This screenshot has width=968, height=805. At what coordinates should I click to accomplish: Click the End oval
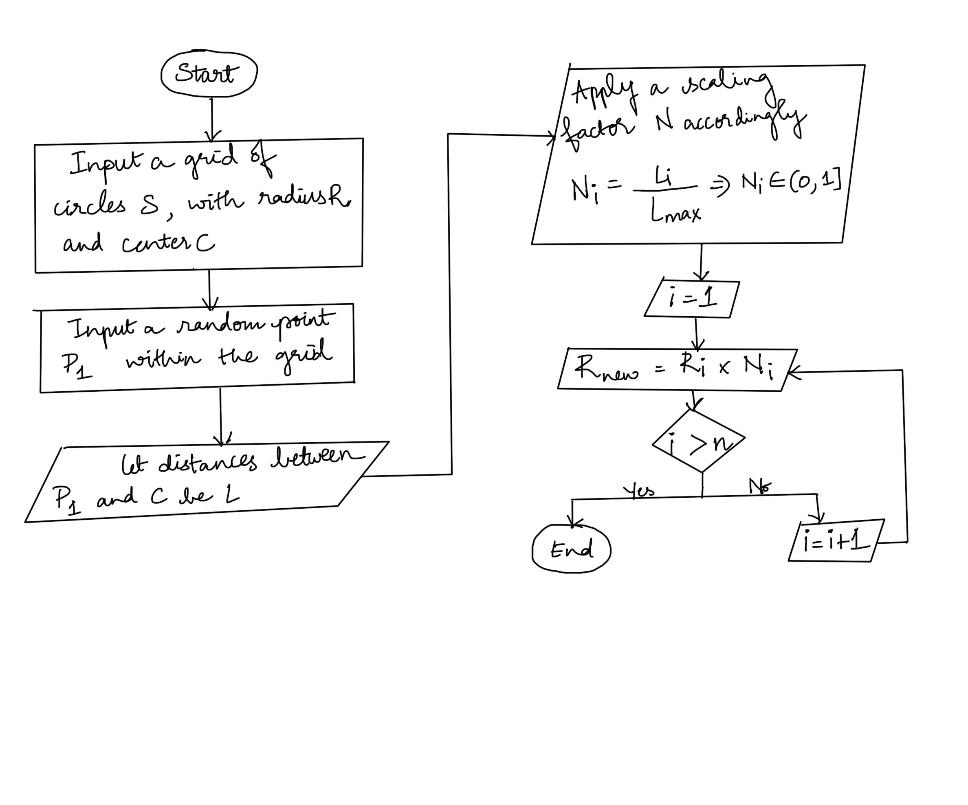pyautogui.click(x=571, y=549)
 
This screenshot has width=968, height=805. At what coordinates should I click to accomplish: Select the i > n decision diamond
pyautogui.click(x=699, y=441)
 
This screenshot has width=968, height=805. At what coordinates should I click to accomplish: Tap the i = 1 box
pyautogui.click(x=692, y=299)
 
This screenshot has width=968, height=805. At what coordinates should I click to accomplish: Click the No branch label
pyautogui.click(x=759, y=485)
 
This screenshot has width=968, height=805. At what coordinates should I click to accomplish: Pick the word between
pyautogui.click(x=318, y=457)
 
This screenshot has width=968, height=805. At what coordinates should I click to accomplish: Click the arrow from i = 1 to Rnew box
pyautogui.click(x=697, y=334)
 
